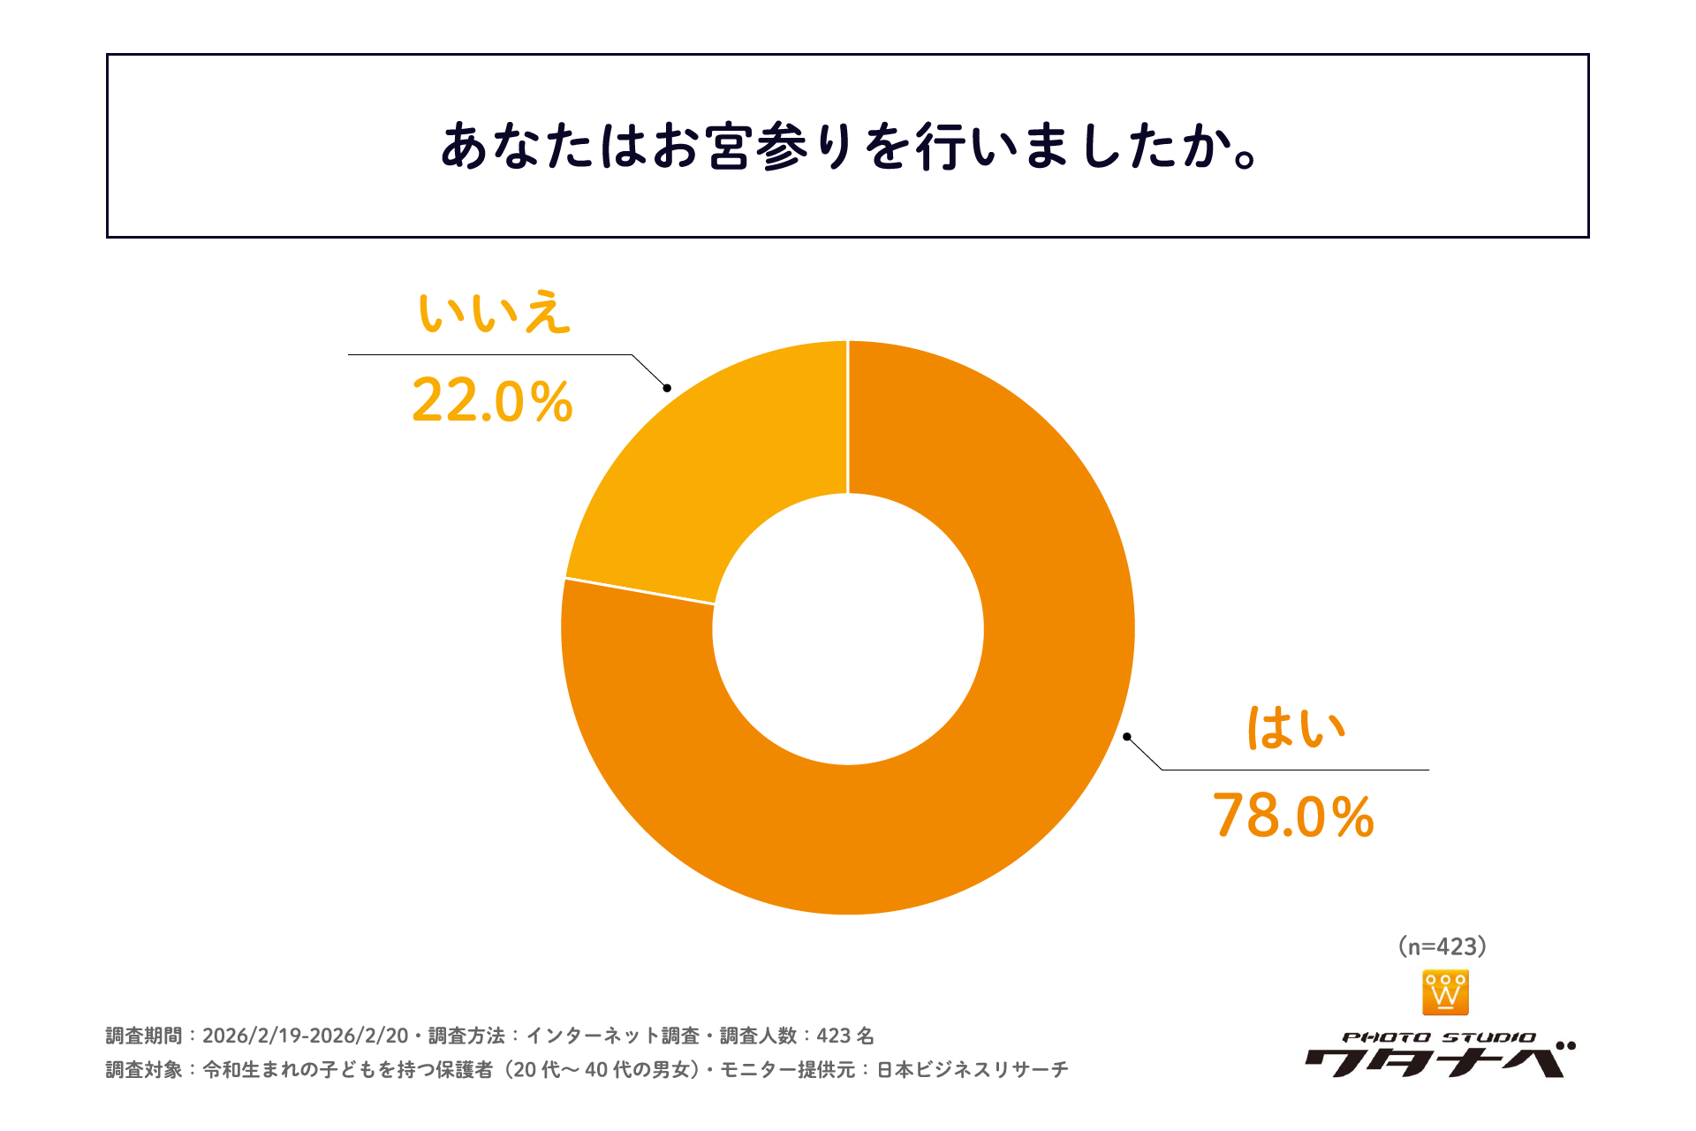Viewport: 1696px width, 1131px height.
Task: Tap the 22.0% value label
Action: click(492, 401)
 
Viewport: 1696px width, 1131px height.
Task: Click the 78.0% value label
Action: click(1293, 816)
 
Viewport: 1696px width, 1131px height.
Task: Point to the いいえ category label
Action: click(494, 313)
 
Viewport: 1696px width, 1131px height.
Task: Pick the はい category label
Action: click(1295, 728)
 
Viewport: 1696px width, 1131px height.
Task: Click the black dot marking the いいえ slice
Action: click(667, 388)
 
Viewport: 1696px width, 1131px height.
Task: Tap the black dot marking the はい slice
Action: click(1126, 736)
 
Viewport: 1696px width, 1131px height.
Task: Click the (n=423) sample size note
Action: click(1442, 946)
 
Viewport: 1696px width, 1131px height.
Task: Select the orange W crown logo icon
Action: click(1445, 993)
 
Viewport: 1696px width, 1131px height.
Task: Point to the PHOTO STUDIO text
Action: click(1438, 1037)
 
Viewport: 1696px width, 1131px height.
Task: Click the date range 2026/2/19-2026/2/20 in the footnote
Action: click(305, 1036)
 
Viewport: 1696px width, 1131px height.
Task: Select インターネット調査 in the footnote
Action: click(611, 1036)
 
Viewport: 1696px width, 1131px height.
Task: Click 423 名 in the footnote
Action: click(844, 1036)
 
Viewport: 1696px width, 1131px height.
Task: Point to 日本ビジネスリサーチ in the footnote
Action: click(972, 1070)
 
